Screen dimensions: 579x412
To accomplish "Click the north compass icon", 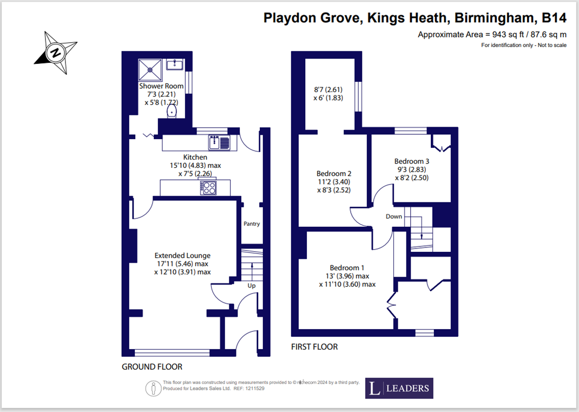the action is (x=56, y=53).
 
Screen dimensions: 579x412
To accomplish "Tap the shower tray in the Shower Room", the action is (x=150, y=69).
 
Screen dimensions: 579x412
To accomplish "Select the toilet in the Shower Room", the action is (x=172, y=111).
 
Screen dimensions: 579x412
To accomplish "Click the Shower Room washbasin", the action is (x=175, y=64).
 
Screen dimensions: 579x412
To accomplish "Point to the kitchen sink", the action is (x=219, y=142).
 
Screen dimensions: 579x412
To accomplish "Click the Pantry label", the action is (x=252, y=224).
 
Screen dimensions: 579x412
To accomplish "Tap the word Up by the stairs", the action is (x=252, y=286).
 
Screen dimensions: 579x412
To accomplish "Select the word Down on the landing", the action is (x=393, y=217).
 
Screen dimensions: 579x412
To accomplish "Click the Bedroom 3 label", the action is (x=412, y=161).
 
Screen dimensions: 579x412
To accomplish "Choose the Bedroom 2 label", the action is (x=334, y=173).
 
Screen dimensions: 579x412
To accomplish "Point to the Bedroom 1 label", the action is (x=347, y=267).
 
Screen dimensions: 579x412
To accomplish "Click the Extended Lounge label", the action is (x=182, y=256).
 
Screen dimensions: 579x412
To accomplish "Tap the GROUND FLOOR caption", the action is (x=152, y=367).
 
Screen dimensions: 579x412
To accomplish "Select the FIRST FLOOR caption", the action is (x=314, y=346).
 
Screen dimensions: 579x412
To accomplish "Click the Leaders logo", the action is (x=399, y=388).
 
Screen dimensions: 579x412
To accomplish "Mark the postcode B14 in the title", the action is (x=554, y=18).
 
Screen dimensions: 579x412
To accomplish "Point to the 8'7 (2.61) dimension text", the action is (x=328, y=89).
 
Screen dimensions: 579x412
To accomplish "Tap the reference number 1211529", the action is (x=254, y=388).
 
